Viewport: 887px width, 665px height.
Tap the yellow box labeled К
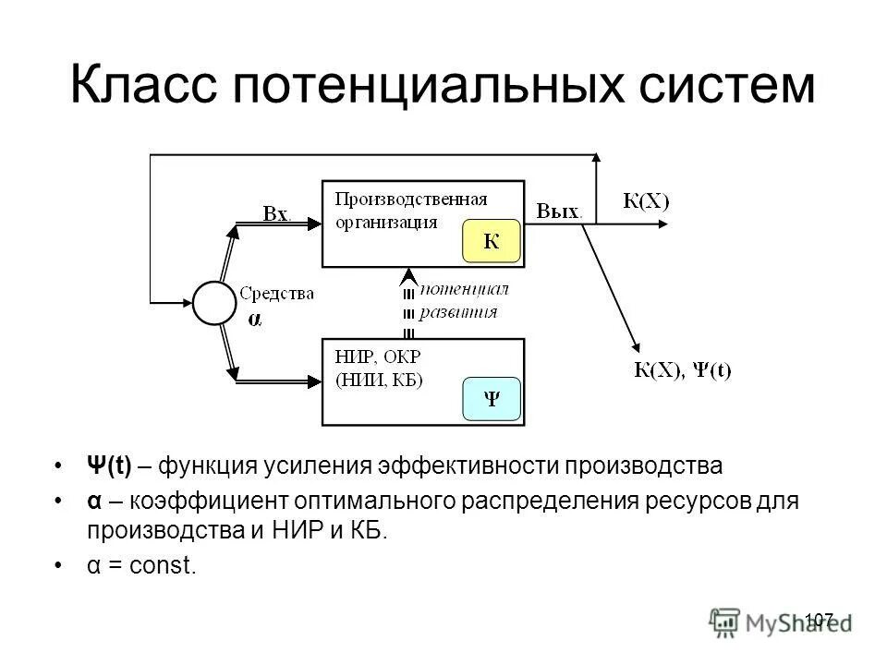(x=492, y=242)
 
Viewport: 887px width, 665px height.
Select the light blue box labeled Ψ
(x=492, y=399)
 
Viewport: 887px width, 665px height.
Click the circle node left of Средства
(x=215, y=303)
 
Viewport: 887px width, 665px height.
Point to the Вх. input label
(x=276, y=214)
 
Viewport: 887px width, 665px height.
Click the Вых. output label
(x=559, y=211)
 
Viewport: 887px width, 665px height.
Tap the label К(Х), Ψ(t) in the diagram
(x=682, y=371)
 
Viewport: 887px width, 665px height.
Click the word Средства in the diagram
(x=276, y=294)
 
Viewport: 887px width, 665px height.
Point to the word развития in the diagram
(x=458, y=311)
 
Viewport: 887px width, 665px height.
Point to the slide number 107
(x=820, y=618)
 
